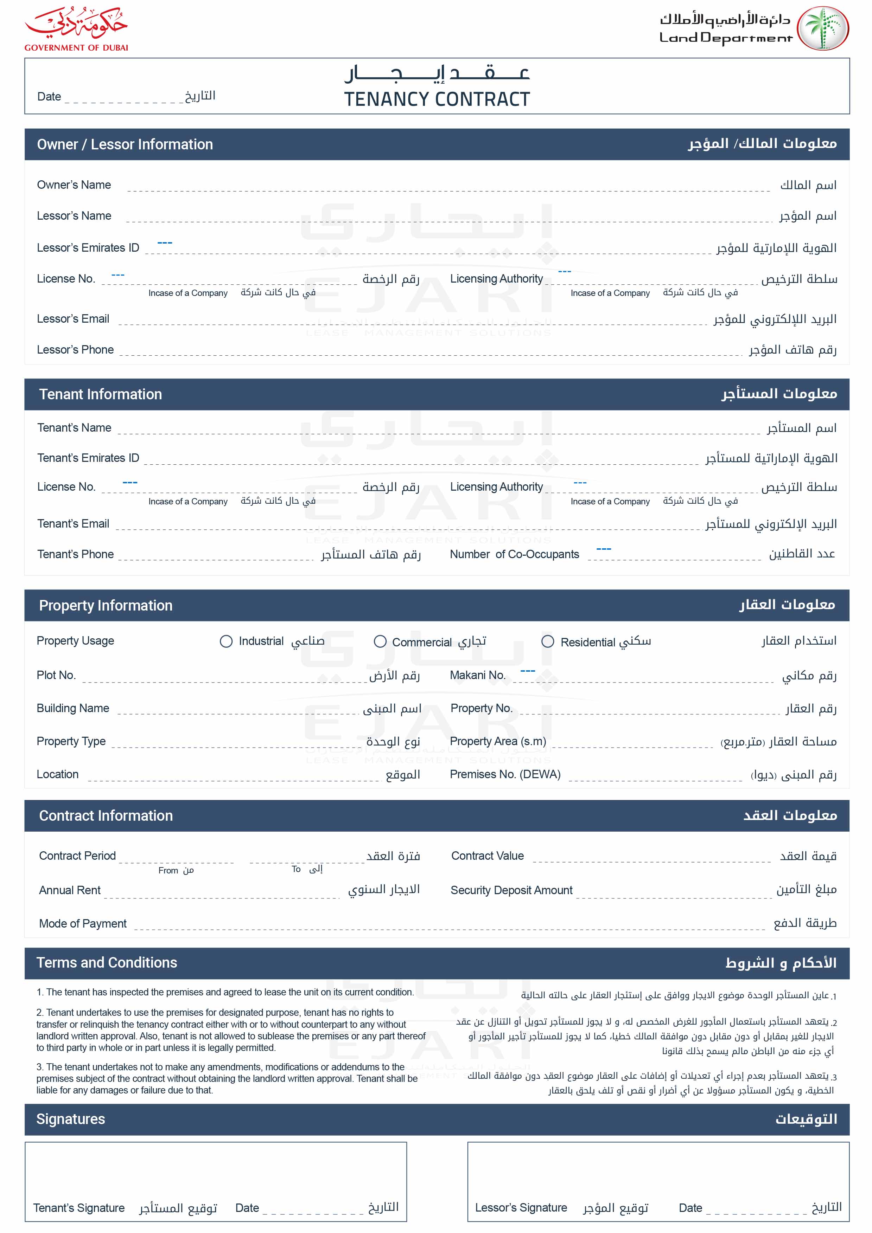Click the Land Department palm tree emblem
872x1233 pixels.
point(822,28)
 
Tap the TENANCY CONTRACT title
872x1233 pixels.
point(437,99)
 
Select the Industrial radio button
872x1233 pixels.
point(226,641)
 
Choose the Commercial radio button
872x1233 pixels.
point(380,641)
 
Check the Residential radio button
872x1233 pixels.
point(547,641)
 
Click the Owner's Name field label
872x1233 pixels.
point(74,185)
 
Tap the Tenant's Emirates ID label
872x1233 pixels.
point(88,458)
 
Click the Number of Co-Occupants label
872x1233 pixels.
point(514,554)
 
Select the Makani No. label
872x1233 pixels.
point(478,675)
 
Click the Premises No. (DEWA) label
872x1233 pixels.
point(505,774)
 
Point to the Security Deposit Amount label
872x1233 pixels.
point(511,890)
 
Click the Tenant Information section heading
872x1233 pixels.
point(101,394)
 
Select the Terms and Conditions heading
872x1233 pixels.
point(107,962)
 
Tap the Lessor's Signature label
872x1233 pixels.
point(521,1208)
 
